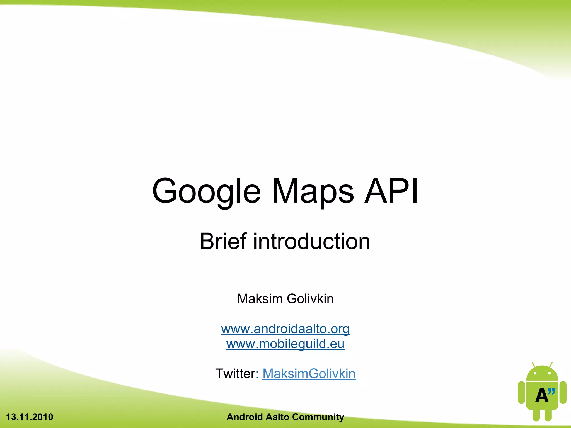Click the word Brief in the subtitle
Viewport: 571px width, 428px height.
(223, 241)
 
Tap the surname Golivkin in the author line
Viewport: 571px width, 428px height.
(310, 299)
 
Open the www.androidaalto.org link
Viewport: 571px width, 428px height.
(285, 329)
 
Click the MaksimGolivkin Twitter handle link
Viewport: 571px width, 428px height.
(309, 374)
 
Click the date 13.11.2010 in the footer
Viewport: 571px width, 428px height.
(30, 417)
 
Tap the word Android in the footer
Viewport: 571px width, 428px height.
(245, 417)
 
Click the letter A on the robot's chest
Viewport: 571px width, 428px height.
(541, 395)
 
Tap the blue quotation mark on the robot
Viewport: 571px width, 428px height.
(551, 392)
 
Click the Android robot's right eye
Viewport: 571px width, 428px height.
(550, 373)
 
